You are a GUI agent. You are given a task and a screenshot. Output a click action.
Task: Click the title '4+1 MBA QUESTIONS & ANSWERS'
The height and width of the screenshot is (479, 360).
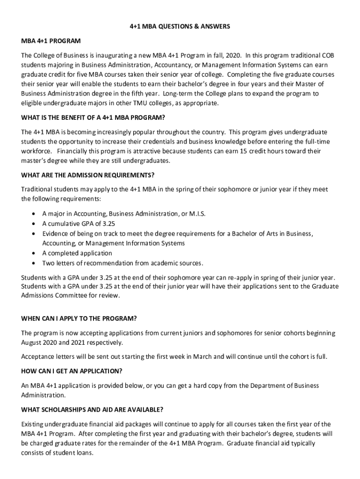(180, 27)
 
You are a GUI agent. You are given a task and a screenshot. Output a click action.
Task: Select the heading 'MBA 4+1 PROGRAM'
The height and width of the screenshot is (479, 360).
(51, 41)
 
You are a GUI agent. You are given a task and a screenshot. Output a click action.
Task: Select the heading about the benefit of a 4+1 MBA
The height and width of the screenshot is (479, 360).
(94, 117)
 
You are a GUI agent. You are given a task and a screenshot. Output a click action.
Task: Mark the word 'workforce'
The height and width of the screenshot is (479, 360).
(36, 151)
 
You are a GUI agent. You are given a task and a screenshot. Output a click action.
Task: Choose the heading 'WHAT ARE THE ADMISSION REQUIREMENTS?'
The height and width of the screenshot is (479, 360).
(88, 175)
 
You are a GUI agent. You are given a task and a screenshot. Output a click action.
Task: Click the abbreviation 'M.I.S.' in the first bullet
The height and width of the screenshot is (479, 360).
(197, 214)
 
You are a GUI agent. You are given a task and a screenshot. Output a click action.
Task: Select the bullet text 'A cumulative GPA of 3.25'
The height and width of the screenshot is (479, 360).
(79, 224)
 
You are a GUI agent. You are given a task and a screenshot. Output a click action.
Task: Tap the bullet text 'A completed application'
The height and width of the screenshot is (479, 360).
(77, 253)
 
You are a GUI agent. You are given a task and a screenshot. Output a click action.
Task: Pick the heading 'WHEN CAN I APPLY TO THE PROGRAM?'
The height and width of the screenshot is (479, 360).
(79, 319)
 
